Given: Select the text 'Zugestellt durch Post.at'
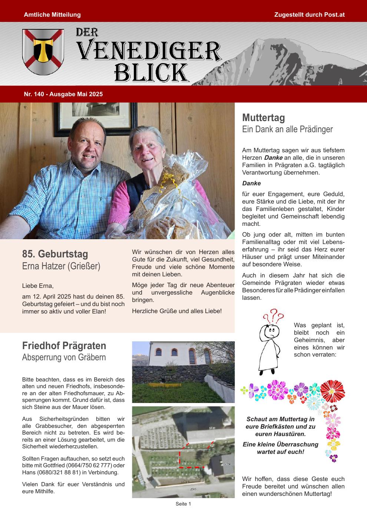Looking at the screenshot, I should (310, 15).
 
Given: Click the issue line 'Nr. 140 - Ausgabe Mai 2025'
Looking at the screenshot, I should (63, 94).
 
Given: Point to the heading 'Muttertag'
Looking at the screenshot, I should (264, 118).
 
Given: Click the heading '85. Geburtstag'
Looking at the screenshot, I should (55, 254).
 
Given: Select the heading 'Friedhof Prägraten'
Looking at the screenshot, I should (64, 346).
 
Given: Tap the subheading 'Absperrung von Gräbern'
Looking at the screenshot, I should (64, 357).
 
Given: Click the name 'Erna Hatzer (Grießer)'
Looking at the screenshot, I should (61, 266).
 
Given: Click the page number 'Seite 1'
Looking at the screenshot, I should (183, 504).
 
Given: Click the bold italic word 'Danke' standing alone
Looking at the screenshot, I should (252, 183).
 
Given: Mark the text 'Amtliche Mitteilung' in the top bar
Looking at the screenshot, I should (52, 15).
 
